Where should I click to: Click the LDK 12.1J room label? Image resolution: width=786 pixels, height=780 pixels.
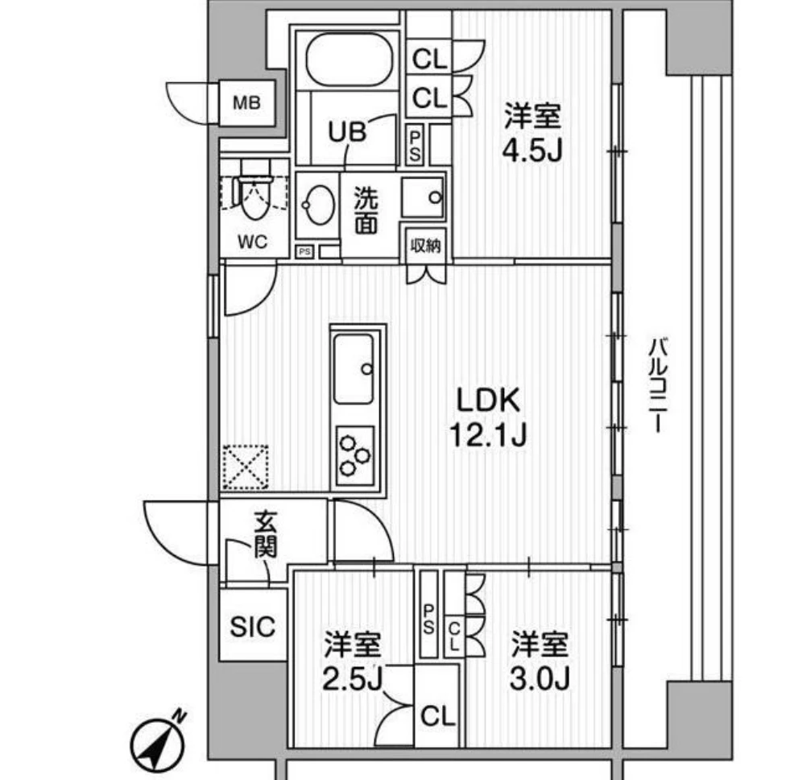pyautogui.click(x=488, y=417)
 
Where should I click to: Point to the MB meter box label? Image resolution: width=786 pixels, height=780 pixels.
pyautogui.click(x=246, y=103)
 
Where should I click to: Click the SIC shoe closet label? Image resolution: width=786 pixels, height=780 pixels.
pyautogui.click(x=253, y=627)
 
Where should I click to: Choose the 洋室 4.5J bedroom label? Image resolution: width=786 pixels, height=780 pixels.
pyautogui.click(x=532, y=133)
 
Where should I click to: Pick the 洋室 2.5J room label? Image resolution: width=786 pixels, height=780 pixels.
pyautogui.click(x=352, y=661)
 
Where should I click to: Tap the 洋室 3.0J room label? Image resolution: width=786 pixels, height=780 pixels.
pyautogui.click(x=540, y=661)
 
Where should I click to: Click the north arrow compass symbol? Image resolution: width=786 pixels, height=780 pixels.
pyautogui.click(x=157, y=742)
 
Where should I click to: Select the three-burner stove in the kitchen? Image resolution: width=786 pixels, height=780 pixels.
pyautogui.click(x=355, y=455)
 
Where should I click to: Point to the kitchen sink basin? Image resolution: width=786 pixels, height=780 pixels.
pyautogui.click(x=354, y=369)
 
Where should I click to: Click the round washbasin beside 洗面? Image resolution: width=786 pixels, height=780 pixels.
pyautogui.click(x=318, y=205)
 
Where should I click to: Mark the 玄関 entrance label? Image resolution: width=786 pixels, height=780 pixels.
pyautogui.click(x=265, y=533)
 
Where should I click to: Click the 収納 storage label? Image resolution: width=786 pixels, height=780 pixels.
pyautogui.click(x=425, y=245)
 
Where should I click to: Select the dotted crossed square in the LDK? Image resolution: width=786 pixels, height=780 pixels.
pyautogui.click(x=245, y=467)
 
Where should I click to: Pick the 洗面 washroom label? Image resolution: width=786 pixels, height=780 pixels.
pyautogui.click(x=366, y=210)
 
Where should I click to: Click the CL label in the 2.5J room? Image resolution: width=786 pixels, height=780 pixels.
pyautogui.click(x=438, y=716)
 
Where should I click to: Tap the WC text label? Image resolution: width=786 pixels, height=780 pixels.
pyautogui.click(x=253, y=243)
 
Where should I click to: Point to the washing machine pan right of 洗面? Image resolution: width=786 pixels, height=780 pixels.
pyautogui.click(x=423, y=197)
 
